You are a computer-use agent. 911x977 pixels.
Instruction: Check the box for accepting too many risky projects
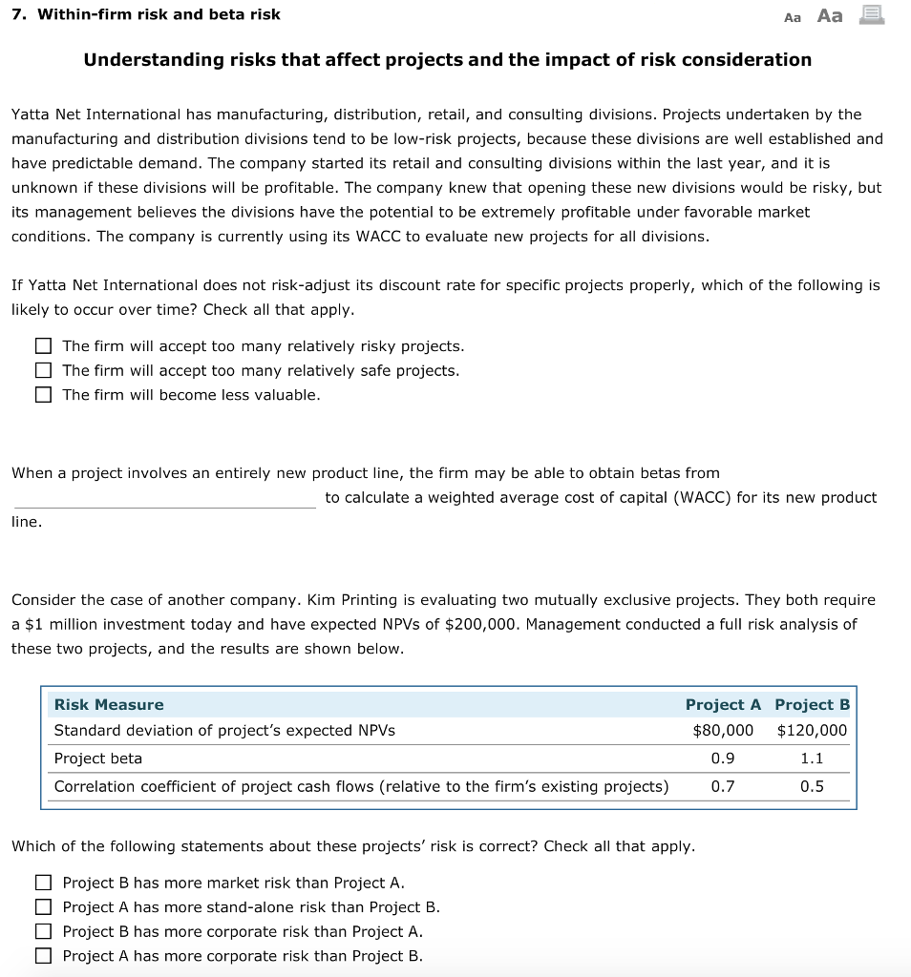point(43,346)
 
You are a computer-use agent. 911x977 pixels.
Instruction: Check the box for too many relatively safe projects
point(43,370)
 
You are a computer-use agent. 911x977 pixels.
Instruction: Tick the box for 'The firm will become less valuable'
point(43,395)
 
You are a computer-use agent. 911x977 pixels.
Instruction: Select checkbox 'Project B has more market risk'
point(43,883)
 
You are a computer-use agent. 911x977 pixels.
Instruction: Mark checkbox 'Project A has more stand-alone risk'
point(43,907)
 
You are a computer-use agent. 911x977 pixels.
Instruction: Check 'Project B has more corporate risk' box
point(43,932)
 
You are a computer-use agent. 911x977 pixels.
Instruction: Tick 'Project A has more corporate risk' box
point(43,956)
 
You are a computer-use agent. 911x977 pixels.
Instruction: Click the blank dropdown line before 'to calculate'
point(163,498)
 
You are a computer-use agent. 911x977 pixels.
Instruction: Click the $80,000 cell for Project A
point(723,731)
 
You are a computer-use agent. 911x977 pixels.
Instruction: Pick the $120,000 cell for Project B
point(812,731)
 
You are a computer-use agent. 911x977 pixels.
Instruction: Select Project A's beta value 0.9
point(723,759)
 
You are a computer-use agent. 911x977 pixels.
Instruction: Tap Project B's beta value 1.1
point(812,759)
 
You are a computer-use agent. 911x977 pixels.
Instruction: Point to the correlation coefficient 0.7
point(723,786)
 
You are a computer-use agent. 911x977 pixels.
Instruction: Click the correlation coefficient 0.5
point(812,786)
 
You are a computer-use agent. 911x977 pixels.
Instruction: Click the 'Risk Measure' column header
point(109,705)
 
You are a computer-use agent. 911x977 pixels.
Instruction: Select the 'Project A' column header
point(723,705)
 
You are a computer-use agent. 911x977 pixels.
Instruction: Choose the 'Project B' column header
point(812,705)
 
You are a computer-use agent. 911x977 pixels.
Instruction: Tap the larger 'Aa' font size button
point(831,15)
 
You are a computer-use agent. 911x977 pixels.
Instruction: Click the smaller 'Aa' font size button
point(793,16)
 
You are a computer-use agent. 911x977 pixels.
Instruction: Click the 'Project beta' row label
point(98,759)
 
